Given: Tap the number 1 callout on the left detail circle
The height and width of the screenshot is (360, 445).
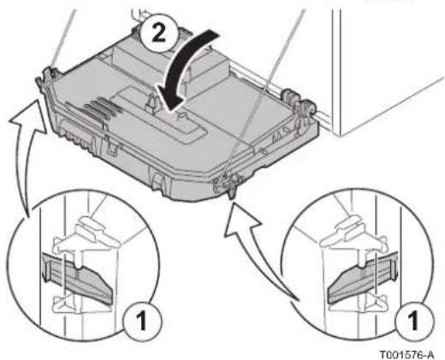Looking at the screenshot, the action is point(142,322).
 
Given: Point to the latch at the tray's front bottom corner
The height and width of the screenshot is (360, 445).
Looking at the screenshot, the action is point(228,185).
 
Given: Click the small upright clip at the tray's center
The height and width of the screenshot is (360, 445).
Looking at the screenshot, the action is point(151,103).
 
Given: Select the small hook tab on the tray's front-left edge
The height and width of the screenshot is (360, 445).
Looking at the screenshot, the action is point(113,147).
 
